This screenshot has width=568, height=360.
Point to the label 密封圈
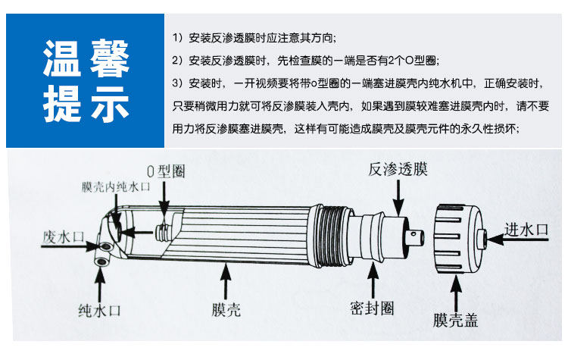[x=372, y=308]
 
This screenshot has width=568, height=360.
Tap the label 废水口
[x=63, y=236]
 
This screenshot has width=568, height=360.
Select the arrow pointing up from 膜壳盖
[x=456, y=290]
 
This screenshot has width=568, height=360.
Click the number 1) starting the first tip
[x=178, y=37]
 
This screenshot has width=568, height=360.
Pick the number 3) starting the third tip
[x=178, y=83]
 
